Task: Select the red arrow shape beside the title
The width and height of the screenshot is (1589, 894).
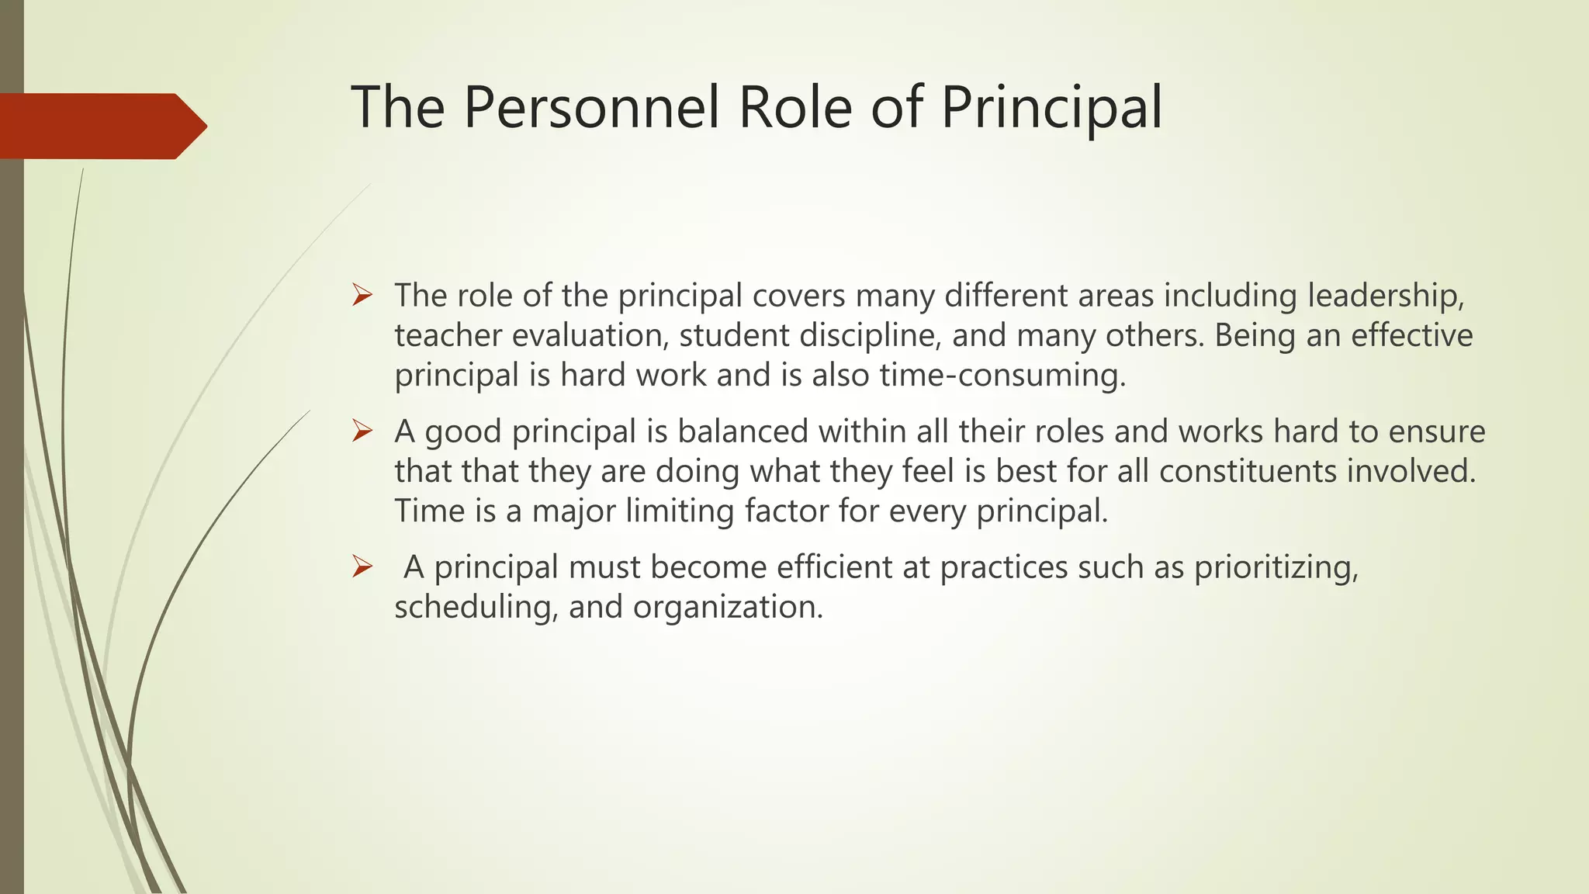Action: click(x=101, y=126)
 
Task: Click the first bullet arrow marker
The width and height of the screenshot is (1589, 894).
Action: click(x=362, y=296)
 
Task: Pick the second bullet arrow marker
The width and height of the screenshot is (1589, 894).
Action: click(x=362, y=431)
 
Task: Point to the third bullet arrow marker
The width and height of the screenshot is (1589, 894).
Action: click(x=362, y=567)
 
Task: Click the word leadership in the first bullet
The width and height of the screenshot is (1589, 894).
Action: click(x=1386, y=296)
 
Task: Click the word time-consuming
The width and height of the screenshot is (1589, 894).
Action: click(x=1002, y=376)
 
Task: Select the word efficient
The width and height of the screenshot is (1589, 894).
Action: click(x=834, y=567)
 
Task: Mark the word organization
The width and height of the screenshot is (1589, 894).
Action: click(x=727, y=606)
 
